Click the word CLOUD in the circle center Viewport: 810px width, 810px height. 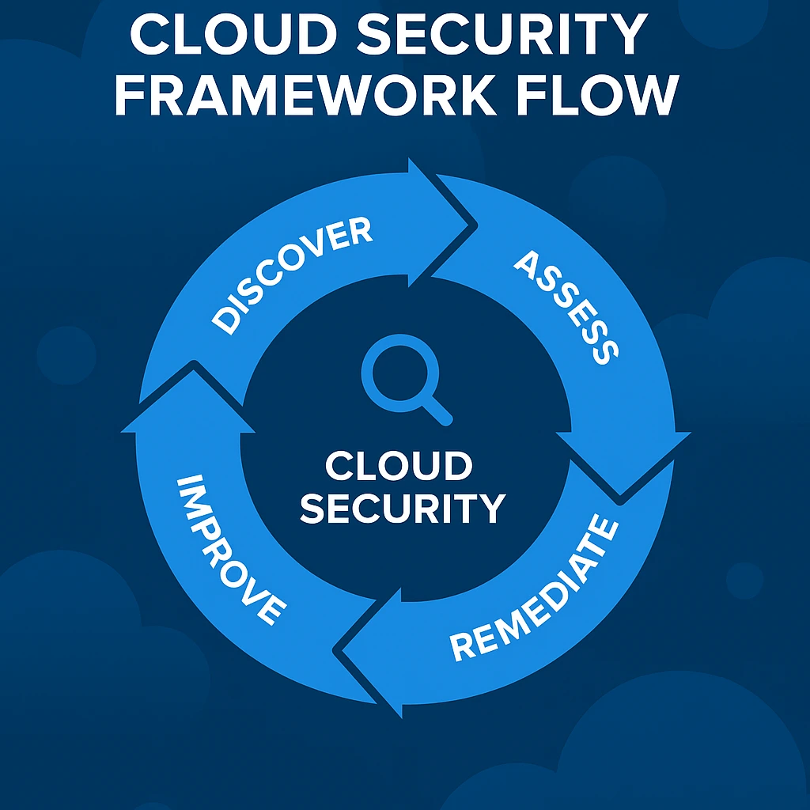tap(398, 467)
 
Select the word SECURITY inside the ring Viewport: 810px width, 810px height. tap(403, 508)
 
